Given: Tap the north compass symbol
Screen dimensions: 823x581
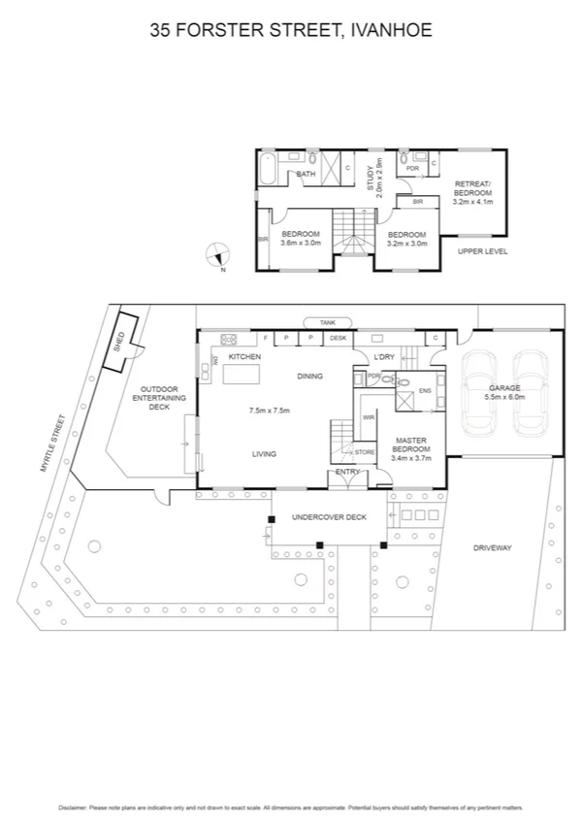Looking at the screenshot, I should (218, 256).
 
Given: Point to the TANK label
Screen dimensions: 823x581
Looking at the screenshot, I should (326, 322).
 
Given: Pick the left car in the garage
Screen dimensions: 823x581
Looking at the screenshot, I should (479, 392).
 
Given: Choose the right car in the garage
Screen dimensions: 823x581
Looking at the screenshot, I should (531, 392).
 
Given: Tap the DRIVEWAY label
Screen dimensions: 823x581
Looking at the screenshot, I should (492, 548).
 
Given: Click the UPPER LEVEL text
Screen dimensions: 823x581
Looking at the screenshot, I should (483, 251).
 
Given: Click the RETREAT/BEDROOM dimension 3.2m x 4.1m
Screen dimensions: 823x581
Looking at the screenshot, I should (473, 202).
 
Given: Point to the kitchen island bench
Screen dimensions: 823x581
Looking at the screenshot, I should (242, 374).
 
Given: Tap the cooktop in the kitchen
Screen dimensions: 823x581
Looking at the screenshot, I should (231, 339).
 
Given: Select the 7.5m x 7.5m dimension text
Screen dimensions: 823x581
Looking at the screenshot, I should (271, 411).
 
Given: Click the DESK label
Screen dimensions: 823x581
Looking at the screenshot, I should (338, 338).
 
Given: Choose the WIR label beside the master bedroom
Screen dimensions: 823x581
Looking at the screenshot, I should (368, 418).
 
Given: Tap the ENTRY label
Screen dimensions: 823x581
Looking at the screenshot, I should (347, 473).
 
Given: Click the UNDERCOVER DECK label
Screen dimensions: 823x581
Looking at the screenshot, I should (329, 517).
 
